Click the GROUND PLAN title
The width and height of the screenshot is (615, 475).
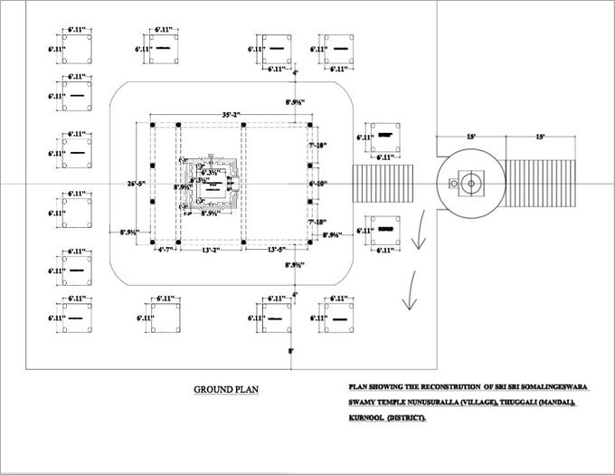(226, 390)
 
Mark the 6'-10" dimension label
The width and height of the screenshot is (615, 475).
(317, 184)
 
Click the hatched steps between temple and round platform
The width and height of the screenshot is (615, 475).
(383, 184)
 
